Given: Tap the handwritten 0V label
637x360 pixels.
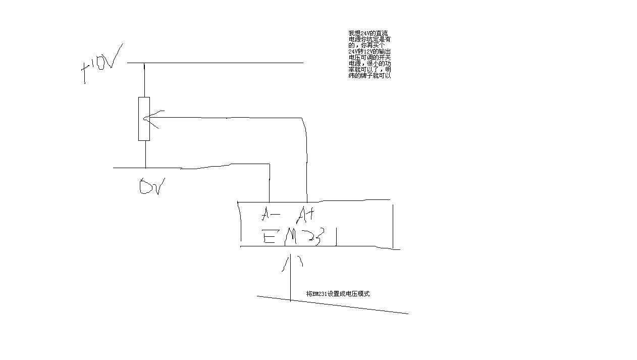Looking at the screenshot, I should pyautogui.click(x=151, y=187).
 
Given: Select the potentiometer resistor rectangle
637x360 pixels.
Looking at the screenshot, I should pyautogui.click(x=144, y=119).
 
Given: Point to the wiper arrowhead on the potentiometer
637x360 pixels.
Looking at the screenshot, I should pyautogui.click(x=147, y=119).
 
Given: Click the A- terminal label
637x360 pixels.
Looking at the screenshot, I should pyautogui.click(x=271, y=215).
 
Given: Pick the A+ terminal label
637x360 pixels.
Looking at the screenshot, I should pyautogui.click(x=306, y=215).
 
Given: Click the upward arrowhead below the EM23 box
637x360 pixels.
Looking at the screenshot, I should pyautogui.click(x=291, y=260).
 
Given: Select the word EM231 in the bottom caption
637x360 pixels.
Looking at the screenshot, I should pyautogui.click(x=319, y=294).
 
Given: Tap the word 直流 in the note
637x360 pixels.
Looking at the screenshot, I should pyautogui.click(x=382, y=33).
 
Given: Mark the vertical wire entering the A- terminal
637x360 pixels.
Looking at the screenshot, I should pyautogui.click(x=270, y=184).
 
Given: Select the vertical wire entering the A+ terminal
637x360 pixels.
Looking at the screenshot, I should pyautogui.click(x=307, y=162).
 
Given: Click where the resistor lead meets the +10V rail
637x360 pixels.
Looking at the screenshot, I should pyautogui.click(x=144, y=63).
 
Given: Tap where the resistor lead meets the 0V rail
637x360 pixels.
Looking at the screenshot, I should pyautogui.click(x=145, y=168).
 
